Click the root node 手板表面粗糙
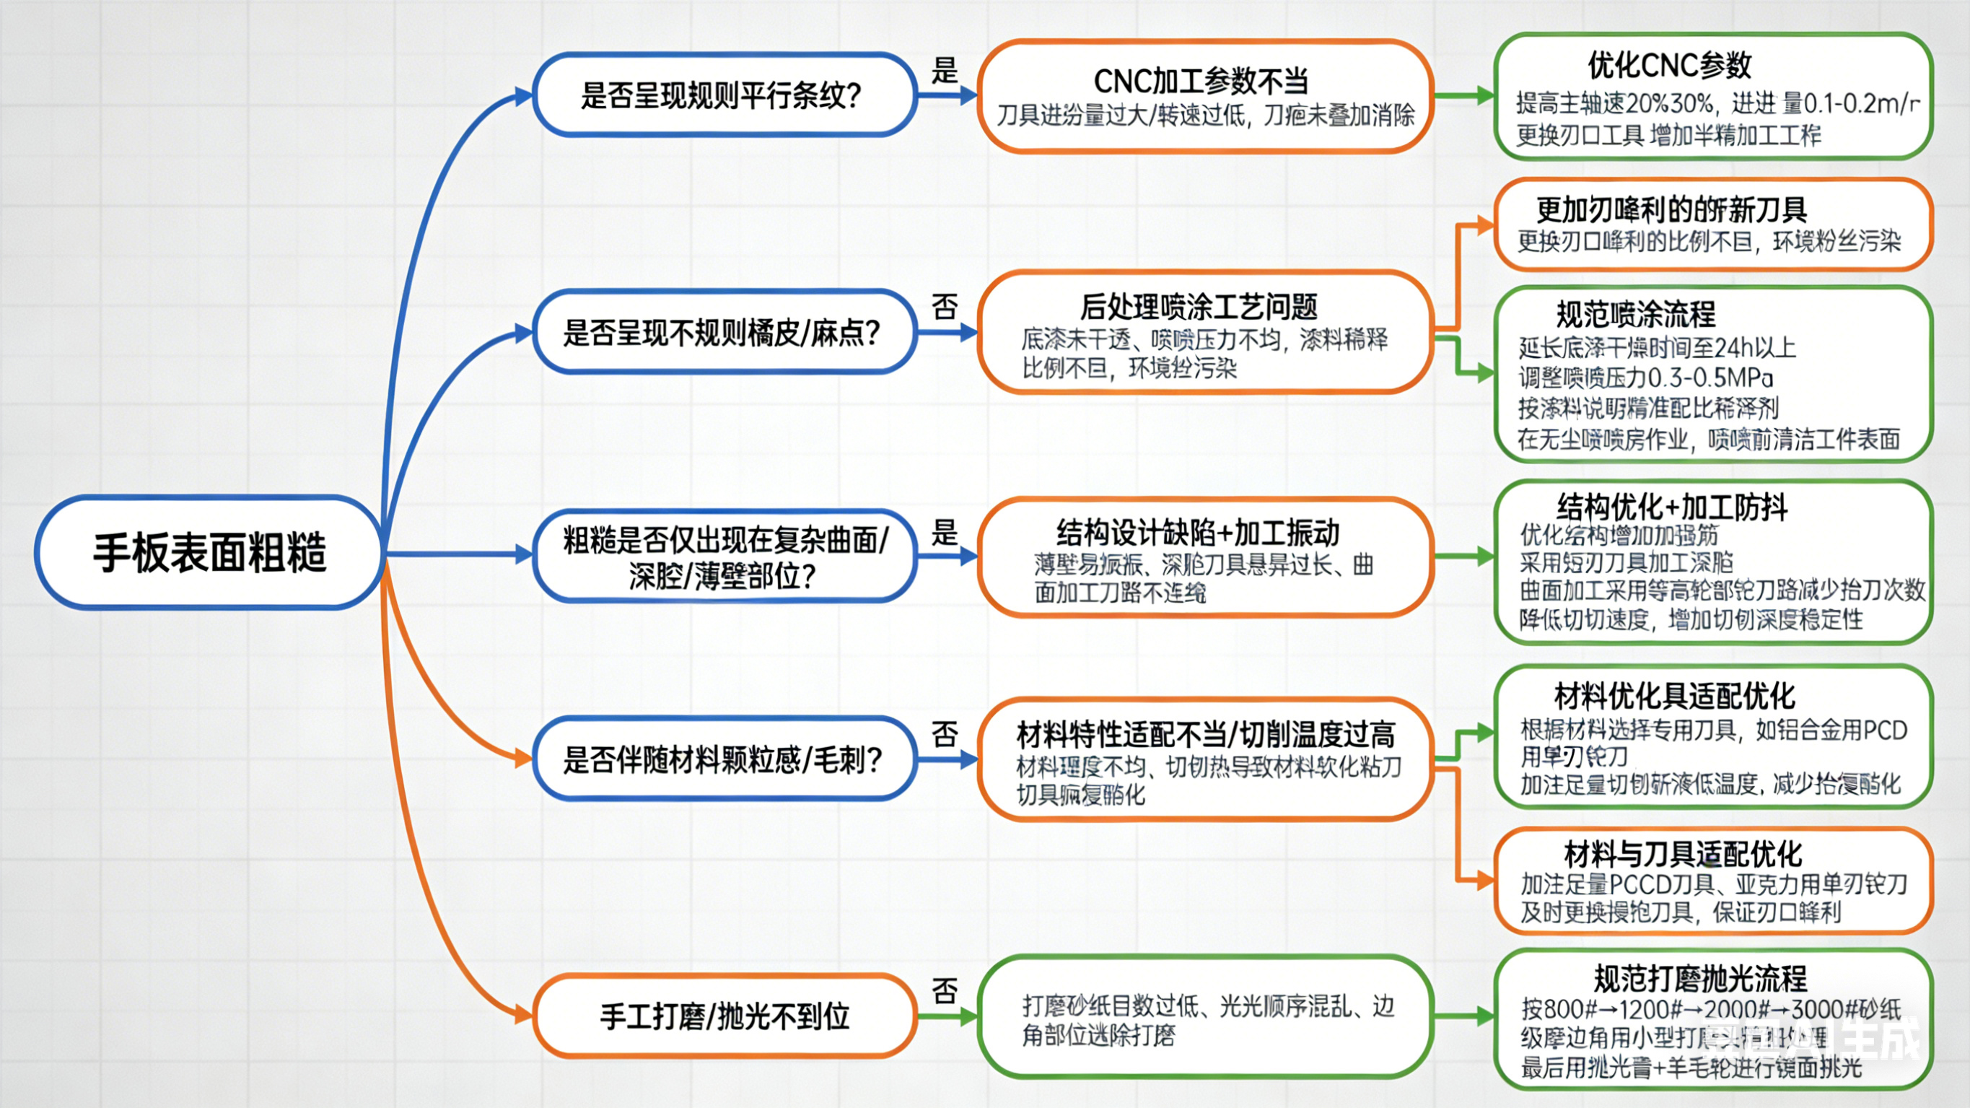coord(209,552)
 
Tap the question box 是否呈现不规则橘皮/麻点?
coord(722,333)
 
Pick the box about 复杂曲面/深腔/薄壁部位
coord(722,557)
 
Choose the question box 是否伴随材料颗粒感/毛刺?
coord(722,759)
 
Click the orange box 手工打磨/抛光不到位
coord(722,1016)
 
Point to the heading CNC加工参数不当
coord(1201,81)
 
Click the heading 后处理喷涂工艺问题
coord(1199,307)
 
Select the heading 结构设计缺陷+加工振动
coord(1198,532)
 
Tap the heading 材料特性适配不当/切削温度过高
coord(1205,735)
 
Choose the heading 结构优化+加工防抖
coord(1672,507)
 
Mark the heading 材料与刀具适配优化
coord(1683,854)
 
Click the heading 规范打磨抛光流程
coord(1700,979)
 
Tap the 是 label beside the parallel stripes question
coord(945,71)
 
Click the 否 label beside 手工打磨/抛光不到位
coord(945,992)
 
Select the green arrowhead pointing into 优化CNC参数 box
coord(1485,96)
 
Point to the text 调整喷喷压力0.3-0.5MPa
coord(1645,378)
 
